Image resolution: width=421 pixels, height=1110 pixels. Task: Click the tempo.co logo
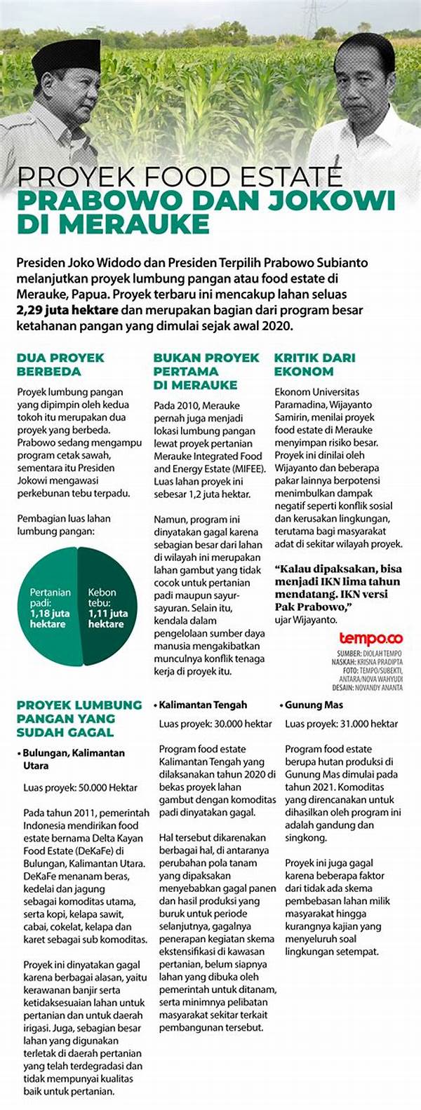tap(371, 638)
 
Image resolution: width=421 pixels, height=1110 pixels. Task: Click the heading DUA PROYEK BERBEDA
tap(60, 364)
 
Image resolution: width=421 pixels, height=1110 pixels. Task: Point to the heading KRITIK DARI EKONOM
tap(314, 364)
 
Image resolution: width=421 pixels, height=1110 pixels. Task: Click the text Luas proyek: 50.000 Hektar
tap(81, 787)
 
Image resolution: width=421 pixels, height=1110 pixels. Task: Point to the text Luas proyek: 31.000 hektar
tap(342, 724)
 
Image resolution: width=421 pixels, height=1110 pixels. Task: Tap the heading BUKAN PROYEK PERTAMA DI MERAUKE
tap(206, 371)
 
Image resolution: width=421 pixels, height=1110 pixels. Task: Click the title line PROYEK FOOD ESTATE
tap(180, 177)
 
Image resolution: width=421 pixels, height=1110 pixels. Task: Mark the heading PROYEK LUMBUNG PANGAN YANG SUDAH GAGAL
tap(79, 718)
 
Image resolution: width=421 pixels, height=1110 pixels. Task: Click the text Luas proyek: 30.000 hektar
tap(215, 724)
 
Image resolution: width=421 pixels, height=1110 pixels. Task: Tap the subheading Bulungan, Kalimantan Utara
tap(73, 759)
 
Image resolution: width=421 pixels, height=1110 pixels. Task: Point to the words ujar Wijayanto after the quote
tap(306, 619)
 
